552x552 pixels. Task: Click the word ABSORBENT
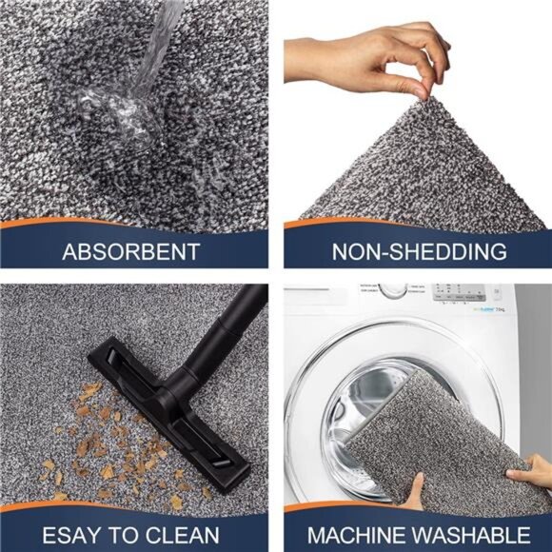click(130, 252)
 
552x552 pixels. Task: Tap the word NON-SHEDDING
click(419, 252)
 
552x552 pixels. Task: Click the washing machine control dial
click(392, 288)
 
